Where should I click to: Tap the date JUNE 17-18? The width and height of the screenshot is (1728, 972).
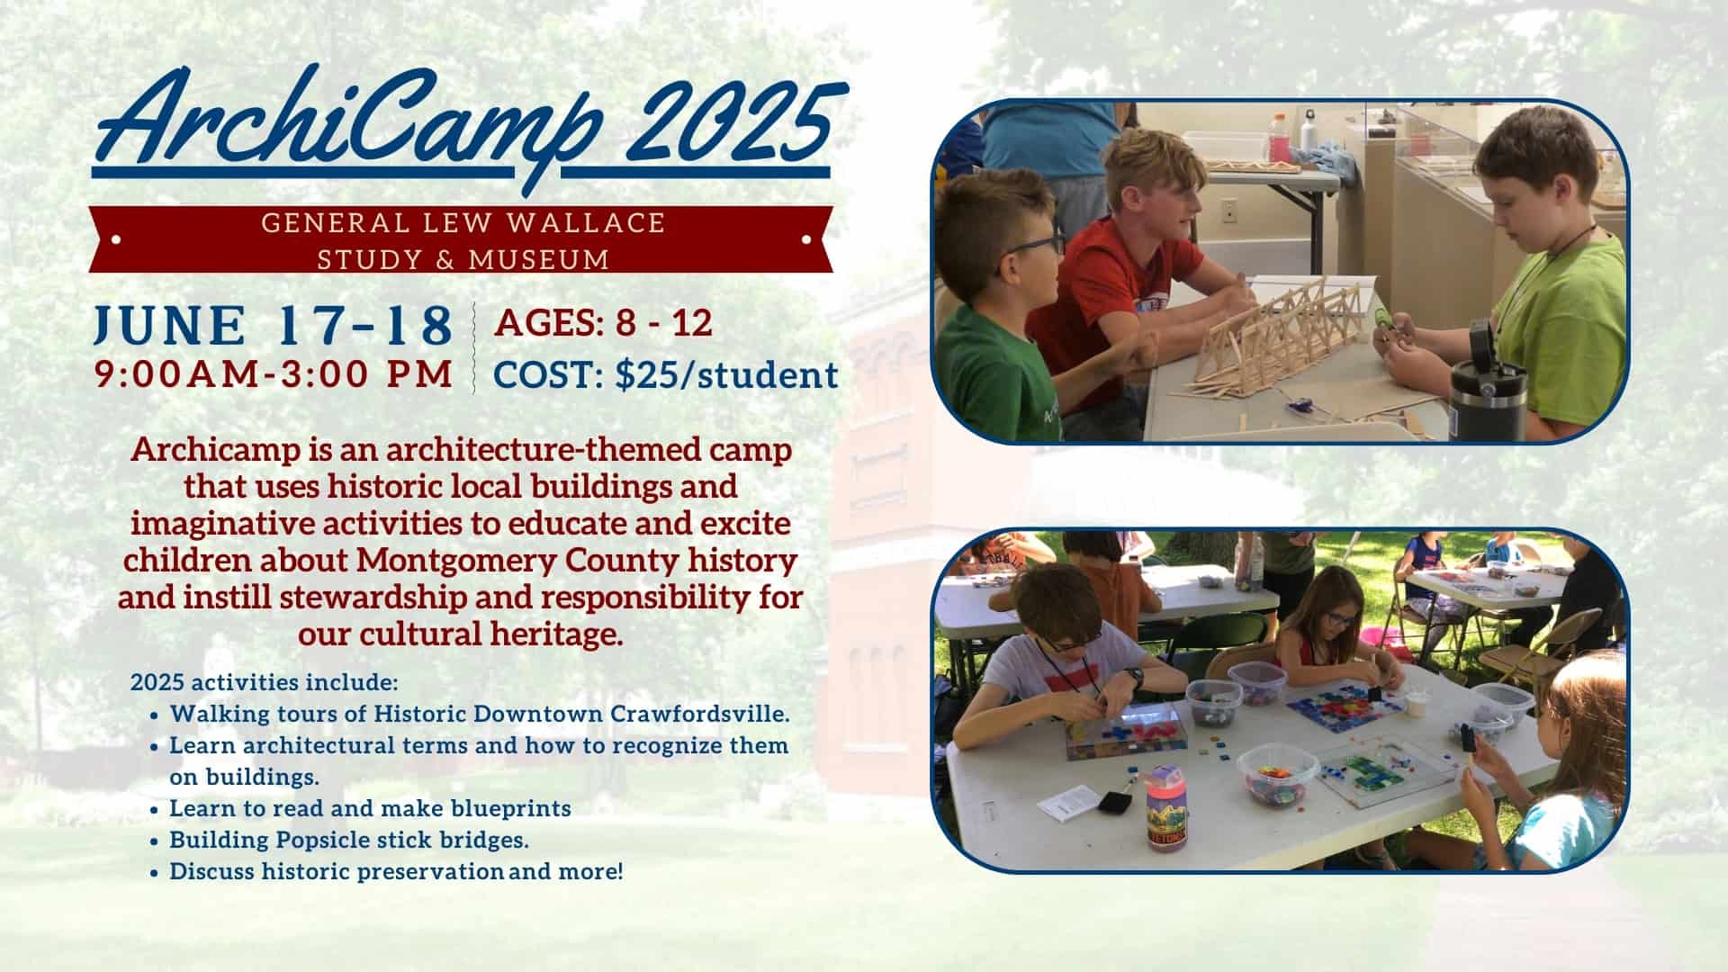[274, 325]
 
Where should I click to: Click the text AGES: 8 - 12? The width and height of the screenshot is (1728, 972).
[603, 323]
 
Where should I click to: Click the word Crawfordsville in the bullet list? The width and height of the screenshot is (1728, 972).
[700, 715]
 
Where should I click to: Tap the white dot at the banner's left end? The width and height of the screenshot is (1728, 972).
[116, 240]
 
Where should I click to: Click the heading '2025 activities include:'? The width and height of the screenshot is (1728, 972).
[265, 682]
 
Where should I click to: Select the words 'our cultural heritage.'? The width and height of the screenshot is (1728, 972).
[461, 634]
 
